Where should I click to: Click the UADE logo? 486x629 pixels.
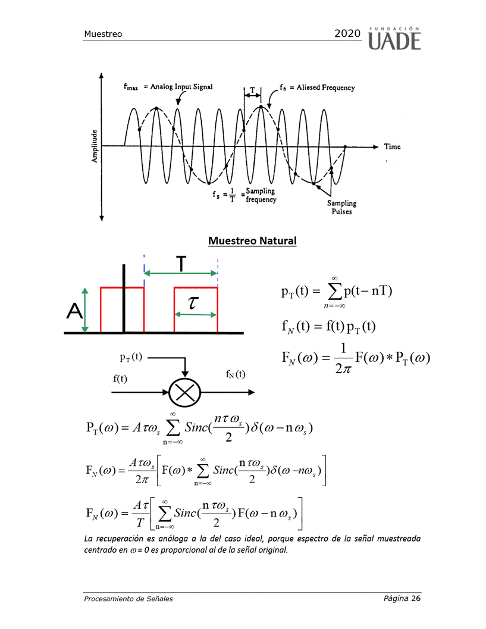click(x=394, y=39)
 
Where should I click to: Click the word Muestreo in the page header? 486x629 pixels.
click(x=103, y=34)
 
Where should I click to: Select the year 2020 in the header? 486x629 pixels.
click(x=347, y=33)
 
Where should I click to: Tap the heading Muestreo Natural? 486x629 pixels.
click(x=252, y=240)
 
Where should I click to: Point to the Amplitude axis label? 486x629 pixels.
click(x=95, y=146)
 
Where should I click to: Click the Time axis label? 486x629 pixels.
click(x=392, y=146)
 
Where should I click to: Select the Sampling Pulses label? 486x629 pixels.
click(x=341, y=208)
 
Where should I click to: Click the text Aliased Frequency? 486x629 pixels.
click(x=325, y=87)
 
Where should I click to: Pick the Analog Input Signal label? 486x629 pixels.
click(x=181, y=87)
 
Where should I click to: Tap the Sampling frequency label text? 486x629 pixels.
click(x=261, y=195)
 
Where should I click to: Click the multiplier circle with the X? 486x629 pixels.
click(x=184, y=392)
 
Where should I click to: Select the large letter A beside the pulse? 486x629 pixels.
click(x=74, y=311)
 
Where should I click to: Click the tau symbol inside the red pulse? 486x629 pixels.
click(x=193, y=302)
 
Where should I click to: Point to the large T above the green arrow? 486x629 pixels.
click(x=181, y=264)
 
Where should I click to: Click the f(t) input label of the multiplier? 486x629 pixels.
click(x=120, y=378)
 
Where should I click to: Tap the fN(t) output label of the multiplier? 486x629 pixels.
click(x=236, y=374)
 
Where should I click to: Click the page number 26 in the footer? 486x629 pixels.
click(x=416, y=598)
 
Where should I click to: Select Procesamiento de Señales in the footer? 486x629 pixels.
click(x=128, y=599)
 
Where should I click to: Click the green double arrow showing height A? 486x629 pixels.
click(x=84, y=311)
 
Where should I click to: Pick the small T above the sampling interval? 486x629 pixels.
click(x=252, y=90)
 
